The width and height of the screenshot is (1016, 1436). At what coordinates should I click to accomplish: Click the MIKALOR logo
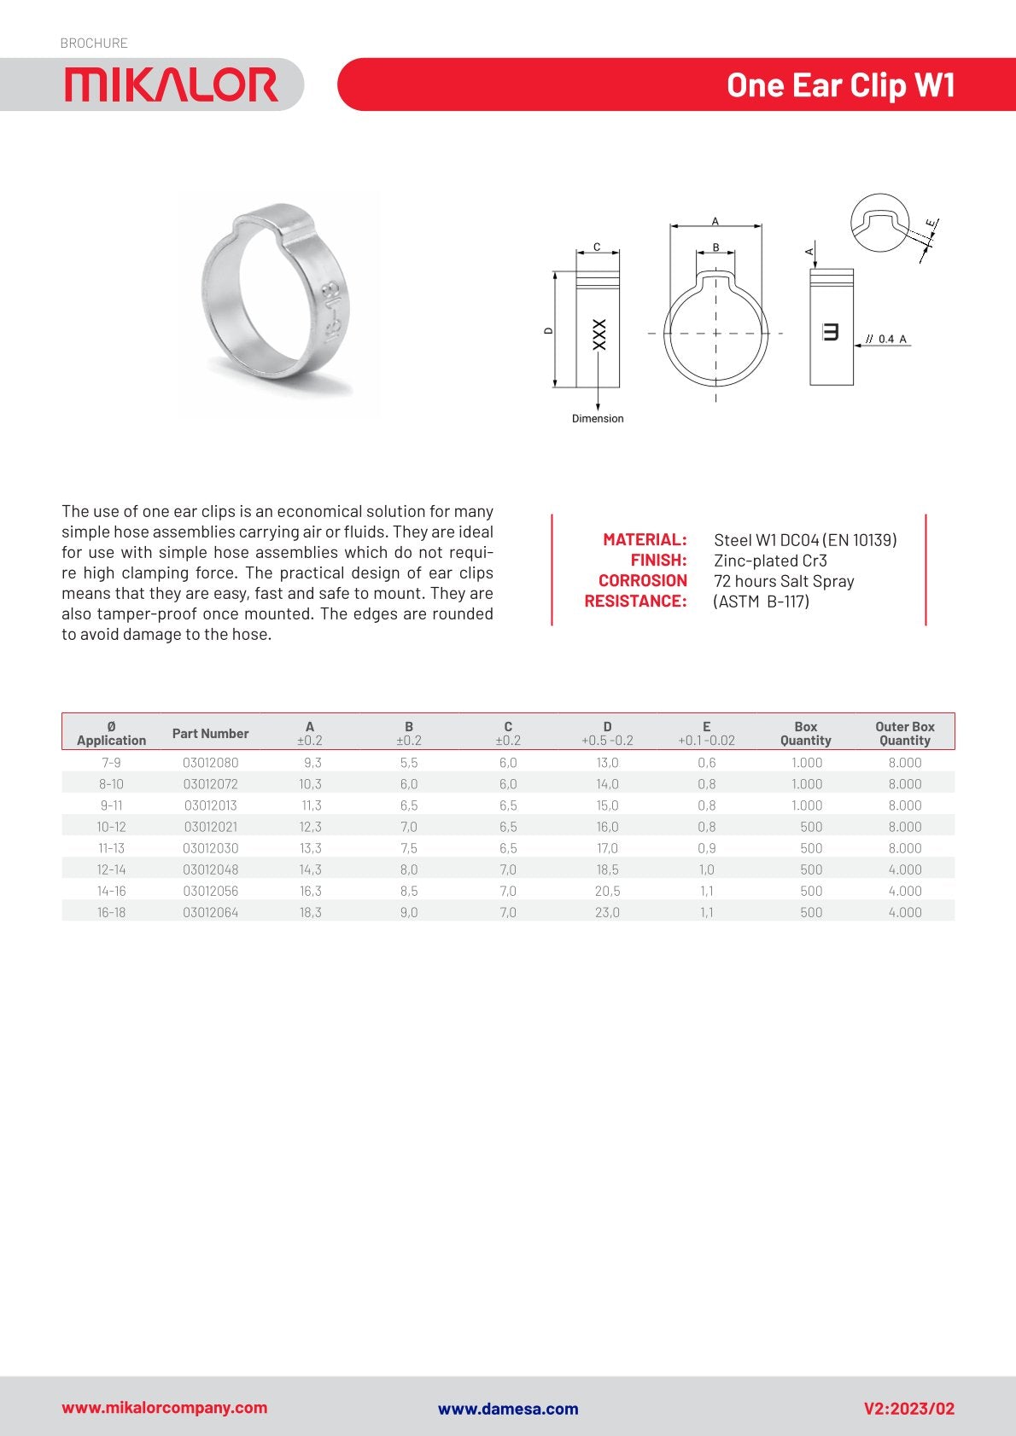coord(171,85)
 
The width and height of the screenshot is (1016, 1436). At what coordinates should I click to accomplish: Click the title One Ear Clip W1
coord(840,85)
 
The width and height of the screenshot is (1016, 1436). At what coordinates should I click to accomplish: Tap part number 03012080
coord(211,763)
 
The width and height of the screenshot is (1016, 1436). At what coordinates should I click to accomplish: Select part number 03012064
coord(211,912)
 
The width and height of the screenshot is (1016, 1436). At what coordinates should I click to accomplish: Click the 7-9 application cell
coord(111,763)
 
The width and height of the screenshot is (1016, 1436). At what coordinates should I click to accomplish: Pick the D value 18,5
coord(607,869)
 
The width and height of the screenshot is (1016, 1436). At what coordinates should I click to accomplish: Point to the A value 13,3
coord(310,848)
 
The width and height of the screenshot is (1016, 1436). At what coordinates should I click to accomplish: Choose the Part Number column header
coord(210,733)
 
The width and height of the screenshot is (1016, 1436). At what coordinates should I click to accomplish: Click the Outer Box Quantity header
coord(904,733)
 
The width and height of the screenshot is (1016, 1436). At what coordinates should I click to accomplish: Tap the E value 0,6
coord(706,763)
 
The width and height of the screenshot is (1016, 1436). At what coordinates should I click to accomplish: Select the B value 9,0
coord(409,912)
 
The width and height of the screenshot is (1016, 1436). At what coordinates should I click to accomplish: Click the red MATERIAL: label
coord(645,539)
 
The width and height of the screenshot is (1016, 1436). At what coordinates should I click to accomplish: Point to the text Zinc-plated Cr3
coord(770,561)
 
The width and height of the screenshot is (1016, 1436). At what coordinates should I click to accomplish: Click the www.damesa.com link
coord(508,1409)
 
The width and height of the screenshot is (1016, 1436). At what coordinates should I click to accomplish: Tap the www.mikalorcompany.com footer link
coord(164,1408)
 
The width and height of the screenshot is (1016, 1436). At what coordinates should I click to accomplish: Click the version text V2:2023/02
coord(908,1409)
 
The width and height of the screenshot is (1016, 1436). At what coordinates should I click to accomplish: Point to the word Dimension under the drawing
coord(598,419)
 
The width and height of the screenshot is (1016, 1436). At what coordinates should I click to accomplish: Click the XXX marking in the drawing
coord(599,334)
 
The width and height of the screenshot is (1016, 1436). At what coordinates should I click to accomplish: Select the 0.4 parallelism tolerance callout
coord(886,340)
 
